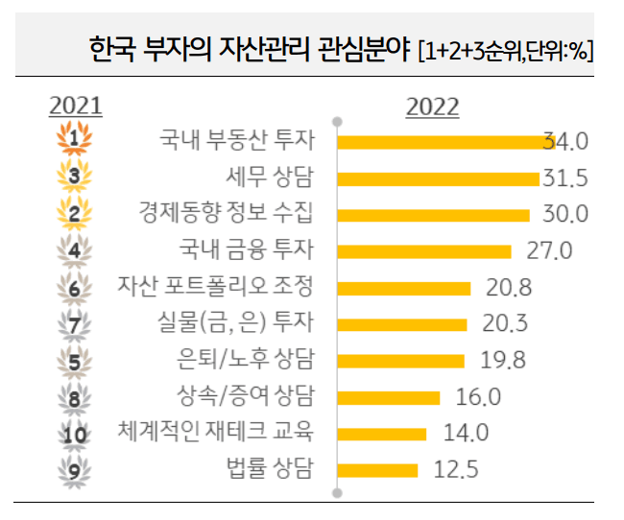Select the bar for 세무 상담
(x=440, y=178)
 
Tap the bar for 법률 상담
(x=379, y=469)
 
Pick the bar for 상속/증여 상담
(x=390, y=396)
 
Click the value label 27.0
(x=549, y=251)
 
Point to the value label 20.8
(x=508, y=288)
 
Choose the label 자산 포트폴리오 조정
(x=215, y=287)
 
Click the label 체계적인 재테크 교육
(x=215, y=433)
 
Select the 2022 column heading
(x=432, y=106)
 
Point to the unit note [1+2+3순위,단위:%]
(x=506, y=49)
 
